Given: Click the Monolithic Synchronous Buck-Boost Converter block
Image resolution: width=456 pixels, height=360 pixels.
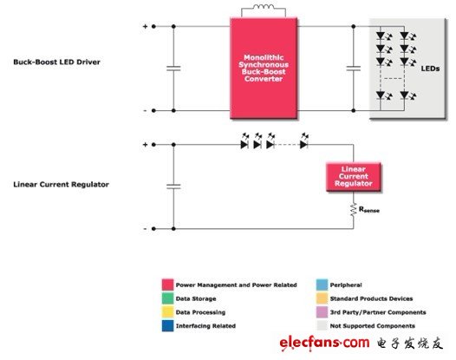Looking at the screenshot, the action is (264, 69).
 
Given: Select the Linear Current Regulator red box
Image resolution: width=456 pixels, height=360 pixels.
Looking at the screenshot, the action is (354, 177).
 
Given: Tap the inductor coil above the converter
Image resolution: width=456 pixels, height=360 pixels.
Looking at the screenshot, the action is (264, 7).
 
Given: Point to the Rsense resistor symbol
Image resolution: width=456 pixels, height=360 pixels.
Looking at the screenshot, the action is (354, 210).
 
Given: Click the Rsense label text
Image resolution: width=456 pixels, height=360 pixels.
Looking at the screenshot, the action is (369, 210).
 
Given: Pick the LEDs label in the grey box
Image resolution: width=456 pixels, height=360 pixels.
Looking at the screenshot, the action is (430, 69).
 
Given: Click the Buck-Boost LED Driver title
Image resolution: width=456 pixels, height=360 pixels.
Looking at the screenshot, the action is (56, 62).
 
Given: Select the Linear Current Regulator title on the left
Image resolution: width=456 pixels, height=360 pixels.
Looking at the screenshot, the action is (61, 185).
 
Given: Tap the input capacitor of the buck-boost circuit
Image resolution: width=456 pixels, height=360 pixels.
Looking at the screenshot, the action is (173, 69).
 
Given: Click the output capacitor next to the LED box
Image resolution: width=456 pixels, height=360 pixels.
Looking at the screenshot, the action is (354, 69).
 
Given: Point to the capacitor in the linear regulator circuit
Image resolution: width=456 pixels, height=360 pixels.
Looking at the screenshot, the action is (173, 187).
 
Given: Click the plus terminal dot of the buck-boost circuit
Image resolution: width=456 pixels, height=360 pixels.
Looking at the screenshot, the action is (153, 27).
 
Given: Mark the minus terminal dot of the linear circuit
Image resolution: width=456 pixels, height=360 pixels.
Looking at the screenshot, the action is (153, 229).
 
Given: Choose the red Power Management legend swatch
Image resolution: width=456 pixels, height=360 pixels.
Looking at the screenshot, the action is (168, 285).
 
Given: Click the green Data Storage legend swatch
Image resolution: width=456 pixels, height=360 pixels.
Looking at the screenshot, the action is (168, 298).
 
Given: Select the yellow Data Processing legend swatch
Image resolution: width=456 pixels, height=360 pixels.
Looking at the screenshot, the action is (168, 312).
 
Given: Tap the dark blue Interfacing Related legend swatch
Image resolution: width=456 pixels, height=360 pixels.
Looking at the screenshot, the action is (168, 325).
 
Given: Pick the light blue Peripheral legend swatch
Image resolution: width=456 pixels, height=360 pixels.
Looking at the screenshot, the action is (322, 285).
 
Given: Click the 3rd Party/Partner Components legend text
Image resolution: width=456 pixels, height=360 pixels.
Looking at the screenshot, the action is (378, 312).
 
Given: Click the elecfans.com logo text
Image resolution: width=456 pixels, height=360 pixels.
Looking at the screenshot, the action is (324, 344).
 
